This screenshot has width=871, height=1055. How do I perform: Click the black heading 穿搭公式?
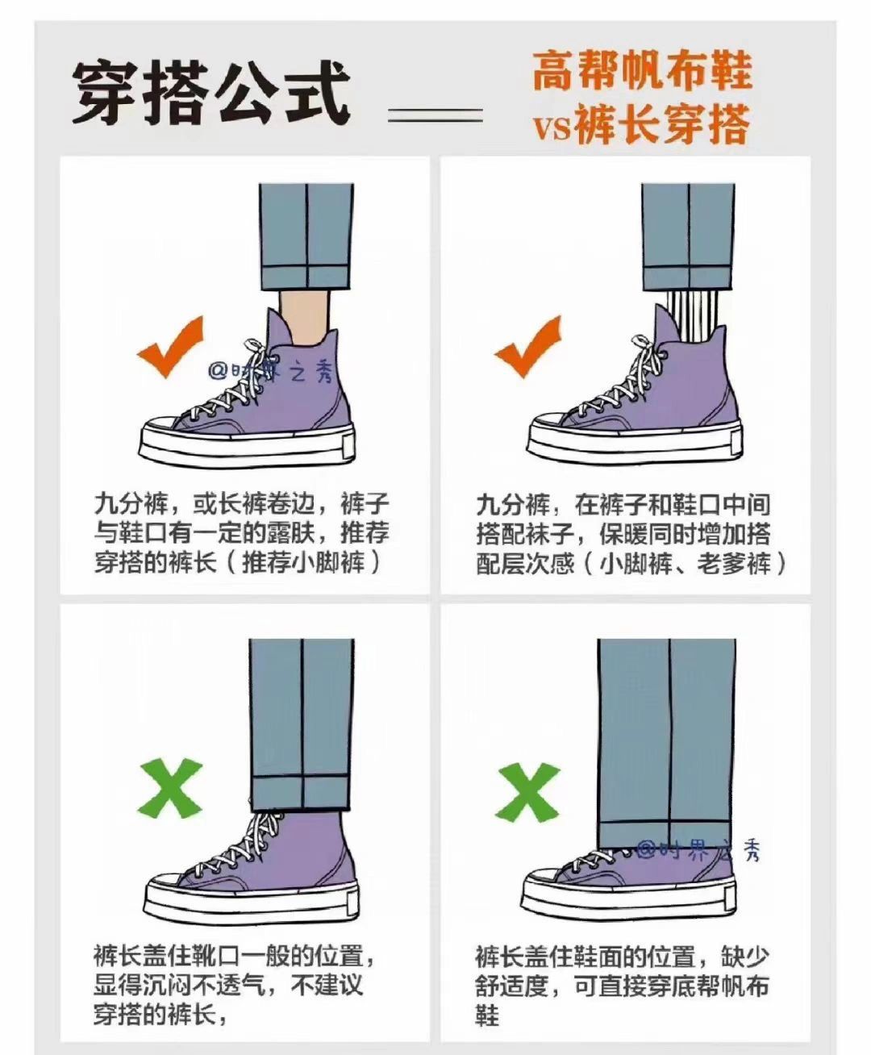point(211,94)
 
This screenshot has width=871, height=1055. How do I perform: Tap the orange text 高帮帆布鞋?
point(642,73)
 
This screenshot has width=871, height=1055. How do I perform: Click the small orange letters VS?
point(552,129)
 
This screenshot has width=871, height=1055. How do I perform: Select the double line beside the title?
point(435,115)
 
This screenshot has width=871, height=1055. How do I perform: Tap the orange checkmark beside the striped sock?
point(527,347)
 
